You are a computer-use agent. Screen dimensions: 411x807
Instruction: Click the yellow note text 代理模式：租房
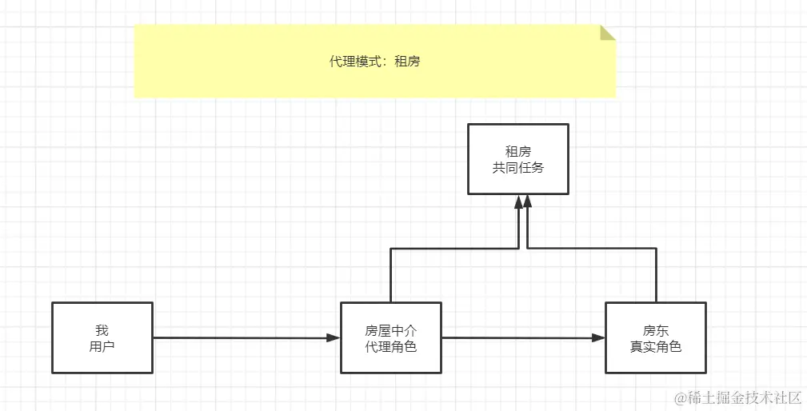tap(374, 62)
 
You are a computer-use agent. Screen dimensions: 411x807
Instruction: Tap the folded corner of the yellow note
tap(608, 32)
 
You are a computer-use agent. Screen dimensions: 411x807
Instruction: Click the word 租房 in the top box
tap(518, 151)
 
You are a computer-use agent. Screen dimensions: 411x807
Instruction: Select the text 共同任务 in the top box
tap(518, 168)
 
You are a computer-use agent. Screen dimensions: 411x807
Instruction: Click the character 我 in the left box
tap(102, 330)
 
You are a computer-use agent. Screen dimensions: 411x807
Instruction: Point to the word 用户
tap(102, 347)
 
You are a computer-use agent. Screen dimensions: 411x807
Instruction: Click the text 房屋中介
tap(391, 330)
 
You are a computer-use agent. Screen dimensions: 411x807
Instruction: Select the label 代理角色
tap(391, 347)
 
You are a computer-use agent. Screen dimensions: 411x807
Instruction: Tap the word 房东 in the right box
tap(655, 330)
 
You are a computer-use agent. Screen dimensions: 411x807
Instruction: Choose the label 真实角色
tap(655, 347)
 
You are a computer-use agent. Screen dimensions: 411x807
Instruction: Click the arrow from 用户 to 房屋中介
tap(240, 338)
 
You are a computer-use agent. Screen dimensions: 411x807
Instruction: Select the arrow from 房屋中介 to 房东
tap(520, 338)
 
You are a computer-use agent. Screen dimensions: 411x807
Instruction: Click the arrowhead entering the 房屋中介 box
tap(334, 338)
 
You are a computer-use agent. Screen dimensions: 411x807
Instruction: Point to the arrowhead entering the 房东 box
tap(598, 338)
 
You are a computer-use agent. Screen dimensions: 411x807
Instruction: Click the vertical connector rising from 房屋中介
tap(390, 276)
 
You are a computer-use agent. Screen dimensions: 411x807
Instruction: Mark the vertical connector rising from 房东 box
tap(657, 276)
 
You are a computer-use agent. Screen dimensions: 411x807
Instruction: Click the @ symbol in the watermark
tap(681, 397)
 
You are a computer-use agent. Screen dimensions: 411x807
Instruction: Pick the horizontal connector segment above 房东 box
tap(592, 249)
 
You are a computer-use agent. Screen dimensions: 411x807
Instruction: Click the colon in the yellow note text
tap(388, 62)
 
